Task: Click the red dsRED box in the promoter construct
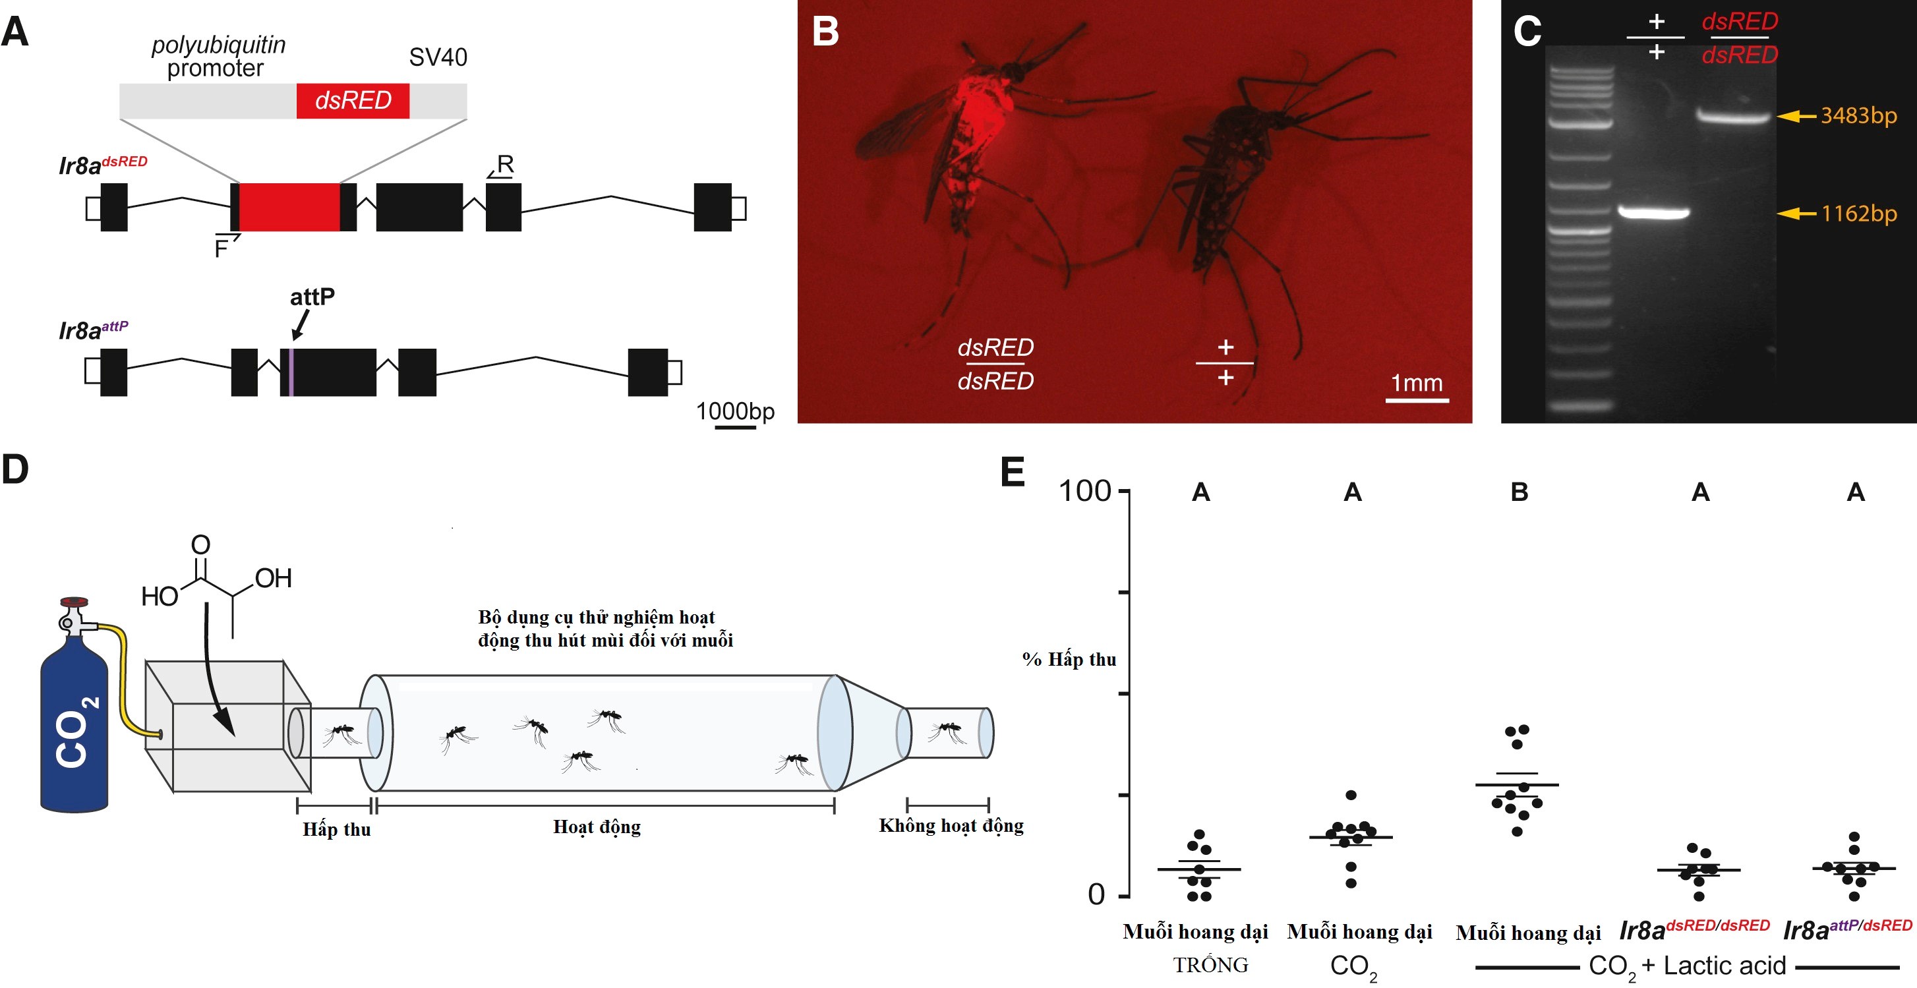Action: pyautogui.click(x=353, y=100)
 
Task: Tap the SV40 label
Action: pyautogui.click(x=438, y=57)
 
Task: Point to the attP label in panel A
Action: pyautogui.click(x=312, y=297)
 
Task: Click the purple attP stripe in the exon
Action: pyautogui.click(x=291, y=372)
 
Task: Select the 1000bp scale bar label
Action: pyautogui.click(x=734, y=411)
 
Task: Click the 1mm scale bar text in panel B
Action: pyautogui.click(x=1416, y=382)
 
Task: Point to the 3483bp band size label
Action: pyautogui.click(x=1858, y=116)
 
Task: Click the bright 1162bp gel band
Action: pyautogui.click(x=1653, y=213)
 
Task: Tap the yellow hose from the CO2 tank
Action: pyautogui.click(x=123, y=670)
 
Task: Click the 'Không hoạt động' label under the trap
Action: pyautogui.click(x=951, y=825)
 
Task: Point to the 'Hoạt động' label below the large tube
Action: pyautogui.click(x=596, y=827)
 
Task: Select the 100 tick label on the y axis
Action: pyautogui.click(x=1084, y=491)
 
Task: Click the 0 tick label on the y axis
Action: pyautogui.click(x=1096, y=894)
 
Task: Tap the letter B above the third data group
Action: pyautogui.click(x=1519, y=492)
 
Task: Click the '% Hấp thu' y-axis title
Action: pyautogui.click(x=1069, y=659)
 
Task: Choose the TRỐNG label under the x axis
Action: pyautogui.click(x=1210, y=965)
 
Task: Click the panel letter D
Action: pyautogui.click(x=15, y=469)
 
